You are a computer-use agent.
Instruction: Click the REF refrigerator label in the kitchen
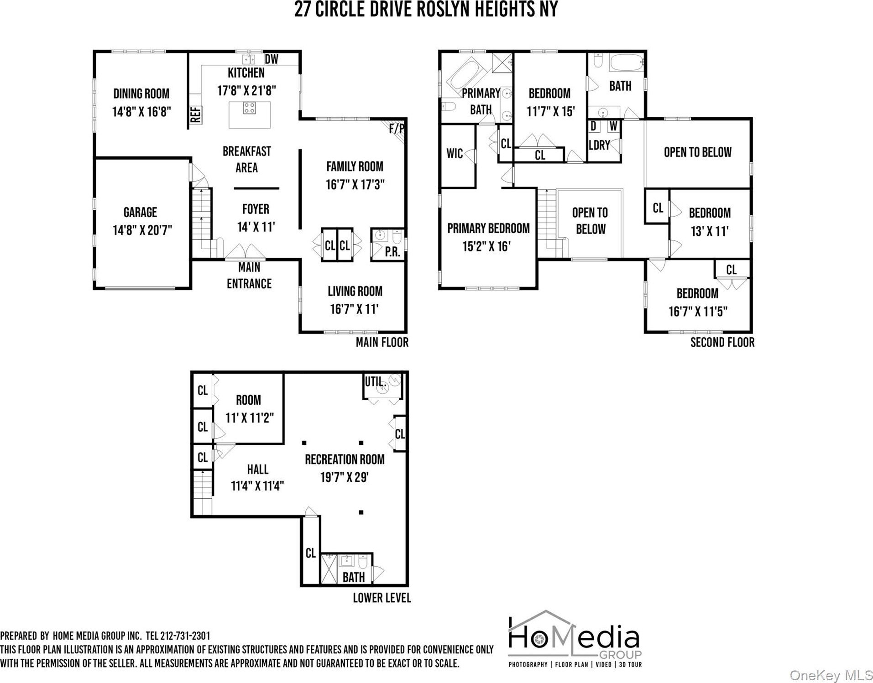coord(196,115)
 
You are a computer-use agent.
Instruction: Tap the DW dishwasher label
coord(272,59)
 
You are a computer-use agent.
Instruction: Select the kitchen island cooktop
coord(249,108)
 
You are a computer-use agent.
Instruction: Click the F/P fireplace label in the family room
coord(397,129)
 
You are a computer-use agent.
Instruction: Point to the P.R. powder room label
coord(392,252)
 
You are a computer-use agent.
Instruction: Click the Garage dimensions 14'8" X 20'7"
coord(142,230)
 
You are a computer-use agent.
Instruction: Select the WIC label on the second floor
coord(455,153)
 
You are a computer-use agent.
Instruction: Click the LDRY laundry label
coord(599,145)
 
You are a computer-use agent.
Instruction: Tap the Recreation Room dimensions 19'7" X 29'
coord(345,478)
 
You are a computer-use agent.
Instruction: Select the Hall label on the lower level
coord(257,469)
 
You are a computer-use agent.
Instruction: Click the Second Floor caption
coord(722,342)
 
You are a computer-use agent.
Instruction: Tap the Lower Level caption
coord(382,598)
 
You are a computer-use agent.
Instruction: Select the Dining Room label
coord(141,94)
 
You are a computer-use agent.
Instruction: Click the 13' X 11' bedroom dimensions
coord(710,231)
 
